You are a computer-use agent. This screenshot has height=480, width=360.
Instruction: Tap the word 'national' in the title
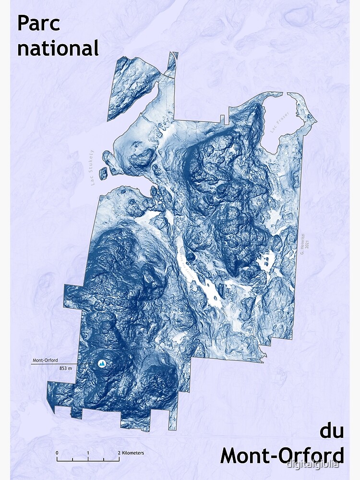point(58,48)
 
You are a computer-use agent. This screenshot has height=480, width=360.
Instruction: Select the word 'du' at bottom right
point(332,431)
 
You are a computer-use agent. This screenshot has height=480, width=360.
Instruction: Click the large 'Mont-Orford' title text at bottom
point(282,455)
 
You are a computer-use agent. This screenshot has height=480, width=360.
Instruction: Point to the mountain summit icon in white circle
point(102,364)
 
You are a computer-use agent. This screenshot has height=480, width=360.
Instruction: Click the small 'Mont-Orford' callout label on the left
point(45,360)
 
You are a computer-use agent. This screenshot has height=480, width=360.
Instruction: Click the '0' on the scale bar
point(57,453)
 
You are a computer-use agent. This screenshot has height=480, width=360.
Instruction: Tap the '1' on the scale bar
point(88,453)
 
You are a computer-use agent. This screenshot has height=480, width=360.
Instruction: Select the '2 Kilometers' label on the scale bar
point(131,453)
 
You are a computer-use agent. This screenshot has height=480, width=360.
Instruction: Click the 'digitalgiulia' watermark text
point(312,464)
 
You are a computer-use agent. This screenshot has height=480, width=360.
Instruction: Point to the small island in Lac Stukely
point(103,174)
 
